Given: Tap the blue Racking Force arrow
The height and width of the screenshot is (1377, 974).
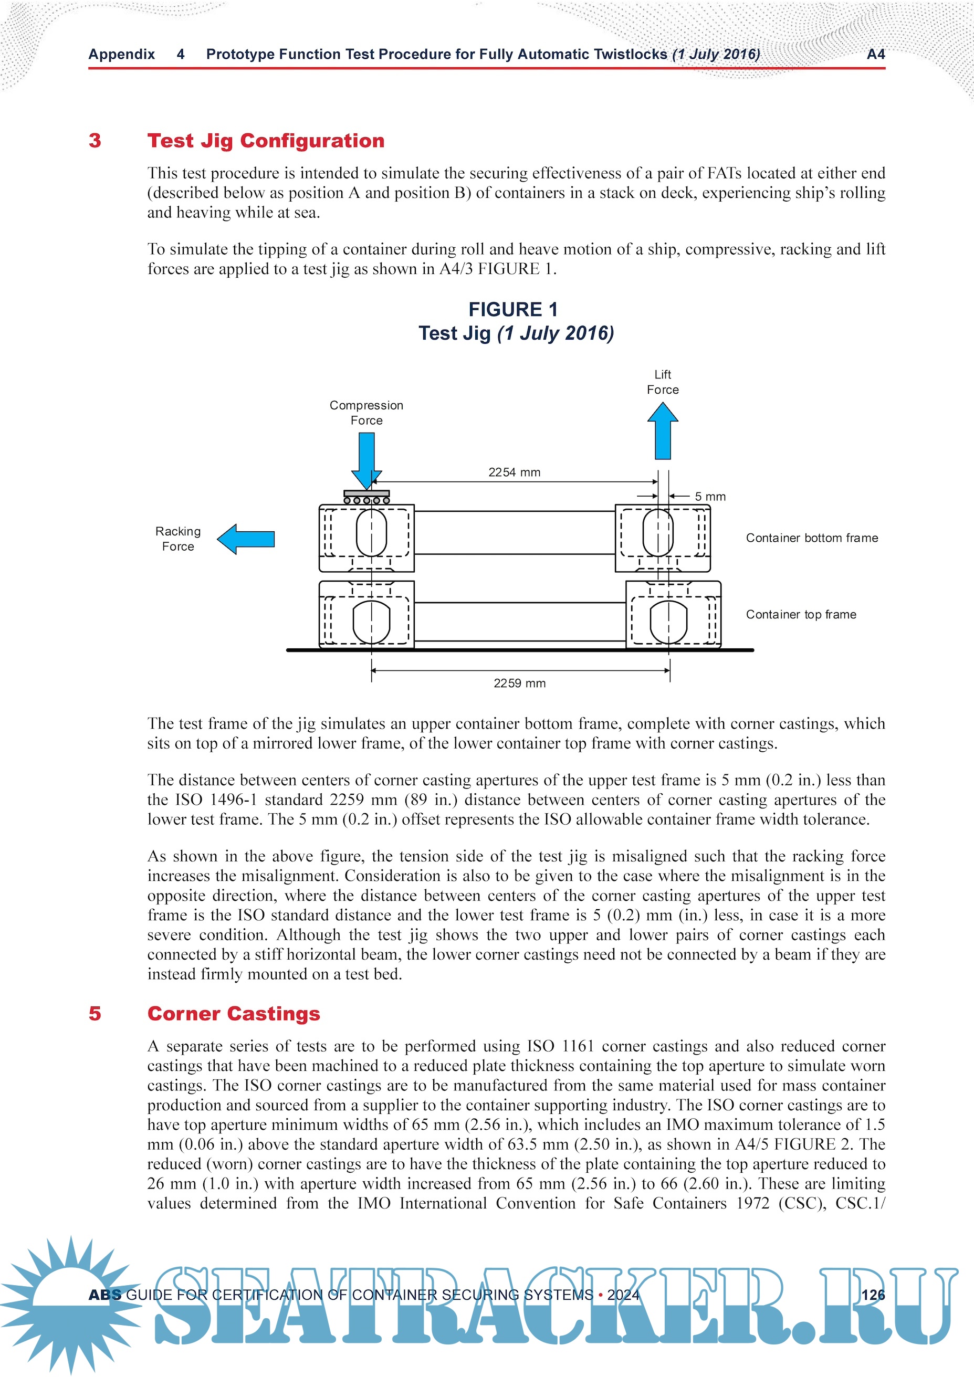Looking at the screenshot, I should (246, 539).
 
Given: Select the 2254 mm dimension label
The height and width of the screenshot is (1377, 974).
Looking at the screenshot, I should (514, 472).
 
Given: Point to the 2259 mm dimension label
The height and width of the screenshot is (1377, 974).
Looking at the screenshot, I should (519, 682).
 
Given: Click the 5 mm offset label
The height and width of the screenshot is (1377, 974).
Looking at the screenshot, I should (710, 497).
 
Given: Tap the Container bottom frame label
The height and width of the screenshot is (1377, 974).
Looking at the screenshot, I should (811, 538).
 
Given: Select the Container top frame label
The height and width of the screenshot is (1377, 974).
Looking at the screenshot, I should (801, 614).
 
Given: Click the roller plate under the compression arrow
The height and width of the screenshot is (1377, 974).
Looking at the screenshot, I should (366, 497).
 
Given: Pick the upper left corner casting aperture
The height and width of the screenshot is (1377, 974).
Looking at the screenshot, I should (371, 532).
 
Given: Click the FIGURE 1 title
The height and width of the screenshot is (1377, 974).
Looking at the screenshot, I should (513, 309).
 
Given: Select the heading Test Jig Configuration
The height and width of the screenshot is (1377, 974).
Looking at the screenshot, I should (266, 140).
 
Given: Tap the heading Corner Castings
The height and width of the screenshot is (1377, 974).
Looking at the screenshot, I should (234, 1013).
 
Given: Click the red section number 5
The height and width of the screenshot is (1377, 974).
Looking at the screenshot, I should (95, 1013).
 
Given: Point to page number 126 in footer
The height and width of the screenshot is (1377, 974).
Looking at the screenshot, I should (873, 1294).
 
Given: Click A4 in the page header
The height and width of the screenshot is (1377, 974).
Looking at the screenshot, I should (876, 54).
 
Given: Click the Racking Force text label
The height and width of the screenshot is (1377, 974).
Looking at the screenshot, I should (178, 539).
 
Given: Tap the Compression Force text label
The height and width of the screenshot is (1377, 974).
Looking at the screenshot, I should (366, 413).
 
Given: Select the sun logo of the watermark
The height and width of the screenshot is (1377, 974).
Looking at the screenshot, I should (70, 1301).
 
